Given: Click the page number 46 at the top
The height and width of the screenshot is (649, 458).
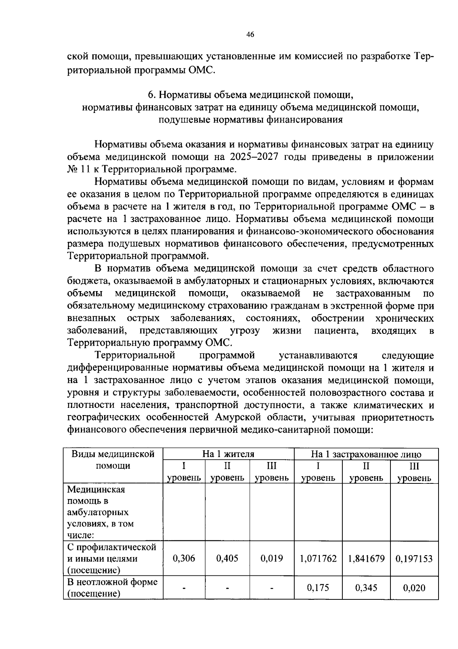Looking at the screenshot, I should (x=250, y=35).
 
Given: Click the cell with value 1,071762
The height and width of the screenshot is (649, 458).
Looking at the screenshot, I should (x=318, y=559).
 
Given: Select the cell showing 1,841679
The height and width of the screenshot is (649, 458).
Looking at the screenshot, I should (x=366, y=559).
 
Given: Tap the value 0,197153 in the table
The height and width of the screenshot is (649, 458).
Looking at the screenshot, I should (x=414, y=559).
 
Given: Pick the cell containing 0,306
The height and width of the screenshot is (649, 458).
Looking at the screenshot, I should (x=184, y=559).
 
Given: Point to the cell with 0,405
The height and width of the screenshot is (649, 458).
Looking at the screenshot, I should (x=227, y=559).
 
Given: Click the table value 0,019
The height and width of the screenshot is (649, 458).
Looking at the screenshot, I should (x=272, y=559).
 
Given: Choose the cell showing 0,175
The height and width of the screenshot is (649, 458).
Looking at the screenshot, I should (x=318, y=588).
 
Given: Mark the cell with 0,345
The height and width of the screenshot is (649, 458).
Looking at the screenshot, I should (x=366, y=588).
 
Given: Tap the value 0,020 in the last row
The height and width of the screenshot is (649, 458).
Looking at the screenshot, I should (x=414, y=588).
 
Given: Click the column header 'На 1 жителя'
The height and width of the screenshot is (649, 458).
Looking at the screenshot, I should (x=228, y=454).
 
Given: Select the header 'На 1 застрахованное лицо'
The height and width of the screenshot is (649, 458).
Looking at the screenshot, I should (x=366, y=454).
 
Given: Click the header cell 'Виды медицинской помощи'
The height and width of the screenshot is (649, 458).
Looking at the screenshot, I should (x=113, y=460).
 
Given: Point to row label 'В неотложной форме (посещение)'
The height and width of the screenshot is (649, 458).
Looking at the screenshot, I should (x=112, y=588).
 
